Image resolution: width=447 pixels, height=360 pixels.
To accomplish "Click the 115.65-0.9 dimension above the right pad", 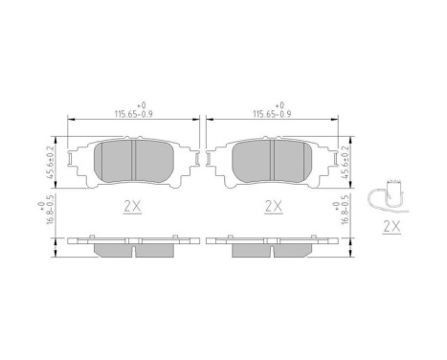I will pos(273,112).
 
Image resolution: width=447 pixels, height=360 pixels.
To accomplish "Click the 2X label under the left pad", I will pos(133,205).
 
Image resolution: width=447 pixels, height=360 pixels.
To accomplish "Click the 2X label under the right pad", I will pos(273,205).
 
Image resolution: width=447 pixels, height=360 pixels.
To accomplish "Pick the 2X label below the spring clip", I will pos(390,227).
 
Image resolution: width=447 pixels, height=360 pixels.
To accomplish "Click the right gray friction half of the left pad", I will pos(154,161).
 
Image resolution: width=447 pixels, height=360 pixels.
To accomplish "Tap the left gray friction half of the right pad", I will pos(252,161).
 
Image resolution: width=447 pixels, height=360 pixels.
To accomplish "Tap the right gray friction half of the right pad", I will pos(293,161).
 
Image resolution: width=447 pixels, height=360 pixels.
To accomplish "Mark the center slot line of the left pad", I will pos(134,160).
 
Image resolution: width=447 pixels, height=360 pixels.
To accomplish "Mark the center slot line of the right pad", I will pos(273,160).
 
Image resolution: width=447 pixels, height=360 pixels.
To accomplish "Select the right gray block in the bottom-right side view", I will pos(293,250).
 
